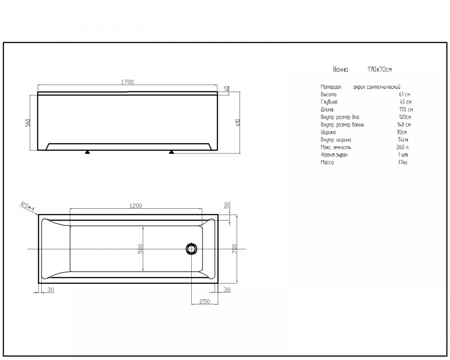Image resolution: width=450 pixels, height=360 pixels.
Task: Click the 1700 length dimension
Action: [127, 82]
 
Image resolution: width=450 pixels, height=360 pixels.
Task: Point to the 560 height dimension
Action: [28, 122]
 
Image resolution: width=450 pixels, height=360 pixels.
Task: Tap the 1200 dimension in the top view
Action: [136, 206]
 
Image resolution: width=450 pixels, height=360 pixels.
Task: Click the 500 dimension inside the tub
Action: [140, 248]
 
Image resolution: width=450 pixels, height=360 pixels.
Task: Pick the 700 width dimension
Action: [234, 248]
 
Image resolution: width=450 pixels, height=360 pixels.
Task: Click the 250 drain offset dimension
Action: [205, 301]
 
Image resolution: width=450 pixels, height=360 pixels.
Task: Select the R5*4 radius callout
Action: [27, 206]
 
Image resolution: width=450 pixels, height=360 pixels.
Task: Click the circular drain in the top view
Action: [191, 248]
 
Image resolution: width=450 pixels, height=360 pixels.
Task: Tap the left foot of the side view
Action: [88, 152]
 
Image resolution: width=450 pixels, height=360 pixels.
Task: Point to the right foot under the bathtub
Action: [171, 152]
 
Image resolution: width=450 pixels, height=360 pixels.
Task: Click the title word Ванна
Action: [340, 69]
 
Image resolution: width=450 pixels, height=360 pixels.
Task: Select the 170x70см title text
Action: [380, 69]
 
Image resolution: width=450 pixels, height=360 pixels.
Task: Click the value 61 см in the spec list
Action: [405, 94]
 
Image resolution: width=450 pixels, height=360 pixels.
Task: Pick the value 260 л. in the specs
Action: [403, 147]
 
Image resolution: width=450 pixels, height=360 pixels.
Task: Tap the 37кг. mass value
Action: [403, 162]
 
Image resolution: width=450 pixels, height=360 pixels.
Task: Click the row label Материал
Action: [331, 87]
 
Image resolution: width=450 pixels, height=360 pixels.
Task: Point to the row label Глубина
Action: [329, 102]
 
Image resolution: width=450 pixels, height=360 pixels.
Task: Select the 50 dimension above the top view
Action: [227, 206]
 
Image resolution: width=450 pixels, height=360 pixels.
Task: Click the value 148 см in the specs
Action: [404, 125]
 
